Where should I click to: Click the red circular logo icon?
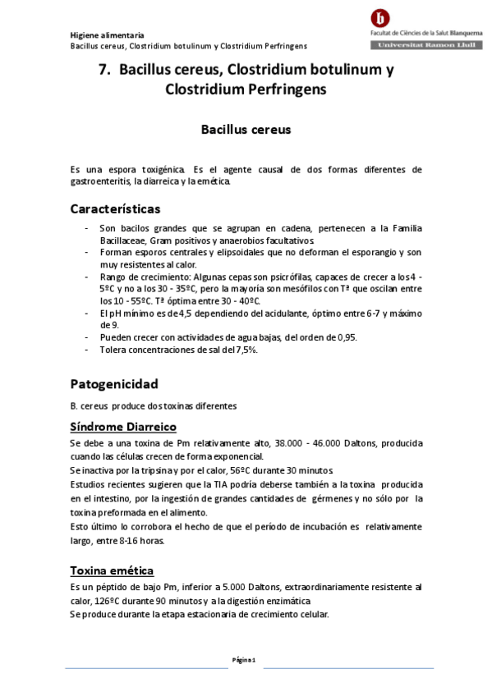pos(380,17)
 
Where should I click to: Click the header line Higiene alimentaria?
pos(107,35)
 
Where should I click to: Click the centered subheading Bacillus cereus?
pos(246,129)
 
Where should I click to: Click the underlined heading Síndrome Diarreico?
pos(123,427)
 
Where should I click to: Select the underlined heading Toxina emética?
pos(112,570)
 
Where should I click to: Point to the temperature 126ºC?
pos(108,601)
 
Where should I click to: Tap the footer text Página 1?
pos(245,659)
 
